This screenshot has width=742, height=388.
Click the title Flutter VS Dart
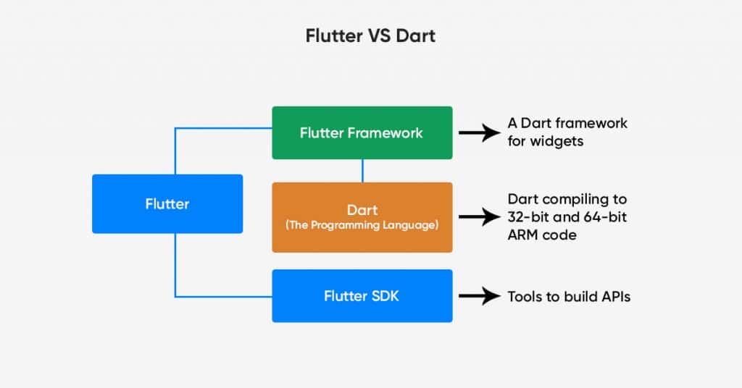370,36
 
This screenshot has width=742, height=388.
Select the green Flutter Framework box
362,132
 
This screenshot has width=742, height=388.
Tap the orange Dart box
362,217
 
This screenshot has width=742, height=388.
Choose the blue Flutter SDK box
362,296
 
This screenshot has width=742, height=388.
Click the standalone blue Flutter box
167,203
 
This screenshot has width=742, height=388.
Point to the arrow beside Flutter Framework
480,132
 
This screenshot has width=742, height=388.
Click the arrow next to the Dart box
480,217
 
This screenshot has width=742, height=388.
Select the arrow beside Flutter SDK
480,296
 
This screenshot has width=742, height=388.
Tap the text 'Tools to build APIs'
569,297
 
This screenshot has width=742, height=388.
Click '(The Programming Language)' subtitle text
362,225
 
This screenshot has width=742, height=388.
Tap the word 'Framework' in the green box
385,133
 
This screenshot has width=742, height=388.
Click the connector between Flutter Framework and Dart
362,171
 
